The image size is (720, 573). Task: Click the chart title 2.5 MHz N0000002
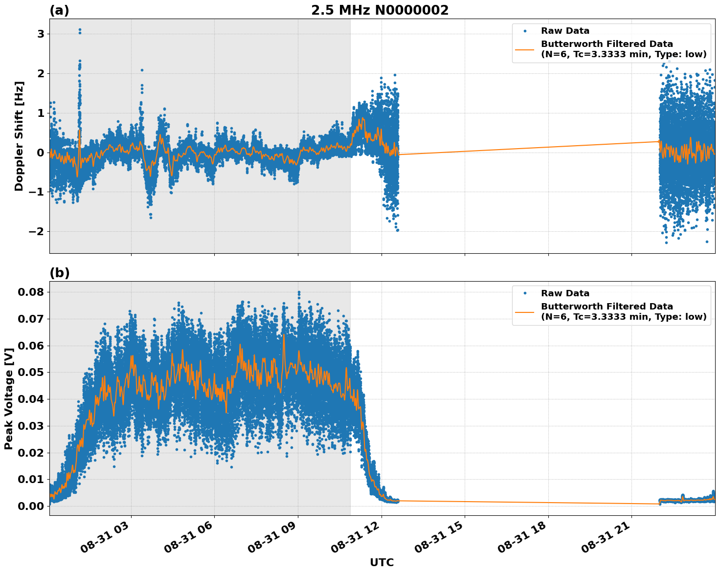tap(380, 10)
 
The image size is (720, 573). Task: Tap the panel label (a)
tap(59, 10)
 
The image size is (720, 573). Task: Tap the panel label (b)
tap(59, 273)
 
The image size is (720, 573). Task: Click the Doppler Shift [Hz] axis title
tap(19, 136)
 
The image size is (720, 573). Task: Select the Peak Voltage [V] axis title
tap(8, 398)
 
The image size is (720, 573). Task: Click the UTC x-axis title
tap(382, 562)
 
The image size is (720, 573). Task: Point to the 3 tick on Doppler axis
tap(40, 34)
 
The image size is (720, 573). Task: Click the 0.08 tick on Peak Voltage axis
tap(30, 292)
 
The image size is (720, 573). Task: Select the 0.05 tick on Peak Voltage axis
tap(30, 373)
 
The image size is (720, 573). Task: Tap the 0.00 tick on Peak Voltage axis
tap(30, 506)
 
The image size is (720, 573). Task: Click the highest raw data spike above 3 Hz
tap(80, 29)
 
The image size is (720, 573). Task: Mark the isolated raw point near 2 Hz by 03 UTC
tap(142, 70)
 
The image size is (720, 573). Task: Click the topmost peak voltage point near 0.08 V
tap(299, 292)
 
